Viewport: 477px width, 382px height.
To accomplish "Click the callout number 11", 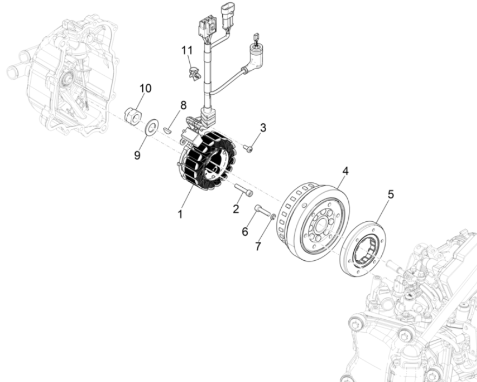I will tap(187, 50).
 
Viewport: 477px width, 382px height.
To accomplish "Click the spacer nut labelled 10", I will tap(132, 115).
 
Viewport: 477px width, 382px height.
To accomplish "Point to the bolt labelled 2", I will tap(244, 190).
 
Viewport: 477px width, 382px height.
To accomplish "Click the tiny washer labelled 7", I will tap(274, 217).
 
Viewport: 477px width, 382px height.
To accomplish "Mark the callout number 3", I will tap(263, 128).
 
